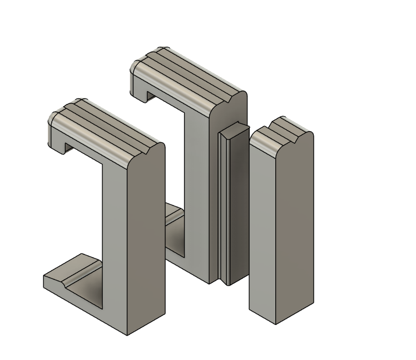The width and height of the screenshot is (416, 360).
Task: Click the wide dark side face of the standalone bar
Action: point(295,228)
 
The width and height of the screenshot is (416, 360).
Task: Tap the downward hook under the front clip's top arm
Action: point(60,148)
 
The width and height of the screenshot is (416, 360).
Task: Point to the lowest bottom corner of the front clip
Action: point(127,334)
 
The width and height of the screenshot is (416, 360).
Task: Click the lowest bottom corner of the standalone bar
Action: point(276,323)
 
